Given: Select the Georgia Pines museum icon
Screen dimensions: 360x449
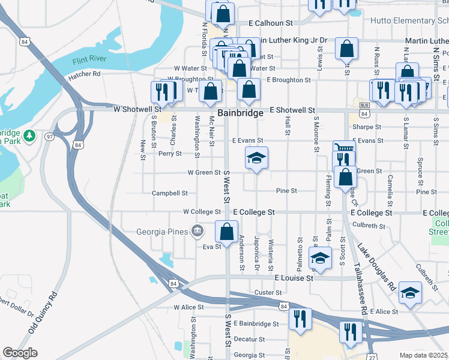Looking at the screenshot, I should pyautogui.click(x=197, y=230).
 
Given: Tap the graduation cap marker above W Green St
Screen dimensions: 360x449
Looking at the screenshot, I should pyautogui.click(x=256, y=159).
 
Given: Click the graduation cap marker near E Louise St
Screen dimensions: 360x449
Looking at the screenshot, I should pyautogui.click(x=320, y=259).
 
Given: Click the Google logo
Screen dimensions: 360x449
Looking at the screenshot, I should pyautogui.click(x=20, y=353).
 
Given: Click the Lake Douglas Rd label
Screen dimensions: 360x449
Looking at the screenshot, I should pyautogui.click(x=378, y=265).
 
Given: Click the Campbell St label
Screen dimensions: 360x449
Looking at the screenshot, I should pyautogui.click(x=170, y=193).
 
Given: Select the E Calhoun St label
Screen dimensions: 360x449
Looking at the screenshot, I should pyautogui.click(x=270, y=23).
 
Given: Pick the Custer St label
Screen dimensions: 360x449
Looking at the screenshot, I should pyautogui.click(x=268, y=292).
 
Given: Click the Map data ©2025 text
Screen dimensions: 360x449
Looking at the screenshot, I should pyautogui.click(x=424, y=355).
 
